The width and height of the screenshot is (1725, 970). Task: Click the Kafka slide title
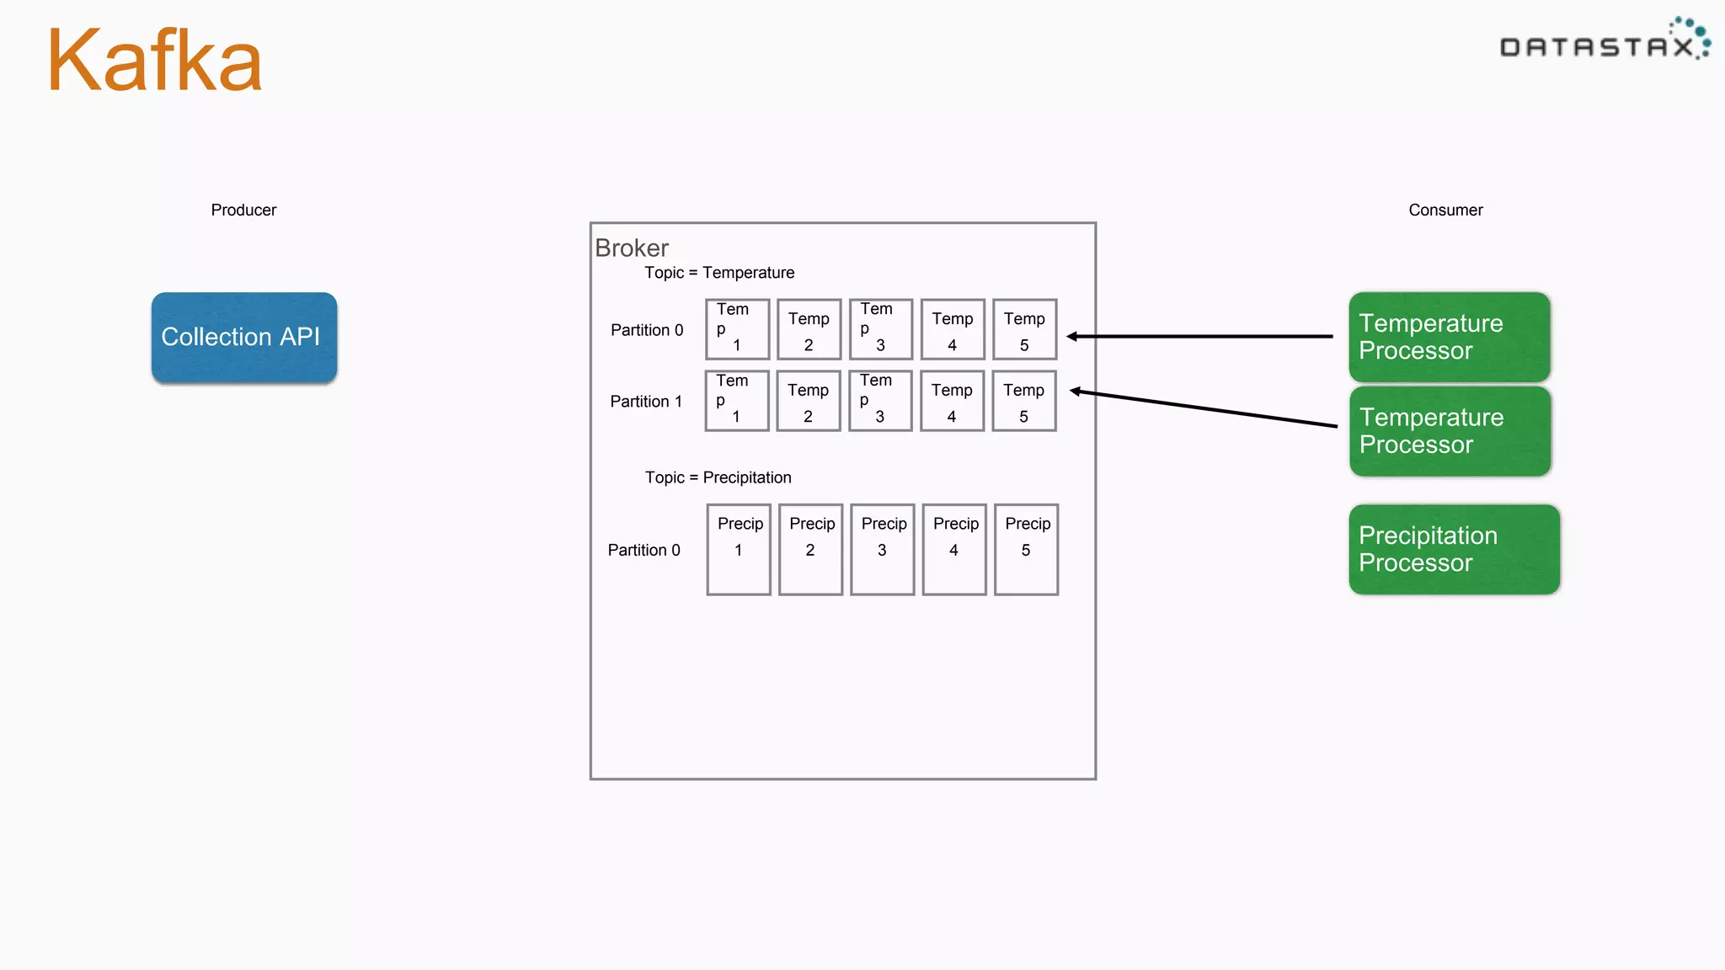(x=155, y=61)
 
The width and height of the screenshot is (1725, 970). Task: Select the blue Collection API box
(x=244, y=337)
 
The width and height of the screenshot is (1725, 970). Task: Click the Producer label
(x=243, y=210)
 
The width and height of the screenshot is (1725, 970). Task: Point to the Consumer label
(x=1445, y=210)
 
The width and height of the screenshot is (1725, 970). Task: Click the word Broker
(x=632, y=248)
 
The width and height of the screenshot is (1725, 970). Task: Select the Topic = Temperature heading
(x=719, y=273)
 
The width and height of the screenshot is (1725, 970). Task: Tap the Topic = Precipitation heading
(x=718, y=477)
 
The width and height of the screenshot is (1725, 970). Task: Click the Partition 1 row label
(x=646, y=402)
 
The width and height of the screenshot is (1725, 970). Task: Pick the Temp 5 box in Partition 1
(x=1024, y=402)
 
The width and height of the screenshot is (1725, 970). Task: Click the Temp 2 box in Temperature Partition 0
(x=809, y=330)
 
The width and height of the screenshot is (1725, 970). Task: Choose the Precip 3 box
(x=883, y=549)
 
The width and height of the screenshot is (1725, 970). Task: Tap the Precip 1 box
(x=739, y=549)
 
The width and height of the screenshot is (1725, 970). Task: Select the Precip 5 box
(x=1026, y=549)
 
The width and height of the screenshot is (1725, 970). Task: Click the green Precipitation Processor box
(x=1454, y=549)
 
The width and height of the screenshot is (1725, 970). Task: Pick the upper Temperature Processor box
(x=1449, y=337)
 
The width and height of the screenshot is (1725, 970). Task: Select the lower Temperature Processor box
(x=1450, y=431)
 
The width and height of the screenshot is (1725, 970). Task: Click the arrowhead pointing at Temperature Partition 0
(x=1072, y=337)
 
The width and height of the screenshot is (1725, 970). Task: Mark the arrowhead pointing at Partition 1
(x=1076, y=391)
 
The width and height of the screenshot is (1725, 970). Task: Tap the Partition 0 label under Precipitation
(x=644, y=550)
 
